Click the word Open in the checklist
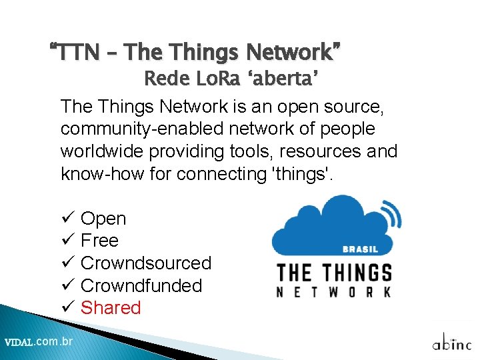(x=103, y=219)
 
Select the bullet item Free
(x=99, y=241)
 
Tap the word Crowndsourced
(x=145, y=263)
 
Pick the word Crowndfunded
(x=141, y=285)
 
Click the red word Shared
(x=111, y=308)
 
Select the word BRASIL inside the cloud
(x=360, y=250)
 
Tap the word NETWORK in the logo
(x=333, y=292)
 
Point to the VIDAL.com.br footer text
(x=39, y=342)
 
